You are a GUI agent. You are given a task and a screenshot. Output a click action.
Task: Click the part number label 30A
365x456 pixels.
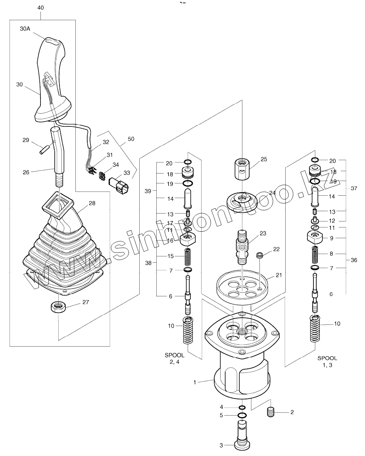(25, 29)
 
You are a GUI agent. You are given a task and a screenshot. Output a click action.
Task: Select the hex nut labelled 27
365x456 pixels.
(58, 307)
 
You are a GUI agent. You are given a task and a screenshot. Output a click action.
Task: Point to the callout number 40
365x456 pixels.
(40, 8)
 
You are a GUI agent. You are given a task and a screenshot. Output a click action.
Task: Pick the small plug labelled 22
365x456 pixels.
(259, 256)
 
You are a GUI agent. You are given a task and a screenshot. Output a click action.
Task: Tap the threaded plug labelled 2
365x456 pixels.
(271, 412)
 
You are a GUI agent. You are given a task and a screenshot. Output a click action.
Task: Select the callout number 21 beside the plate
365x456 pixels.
(279, 275)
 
